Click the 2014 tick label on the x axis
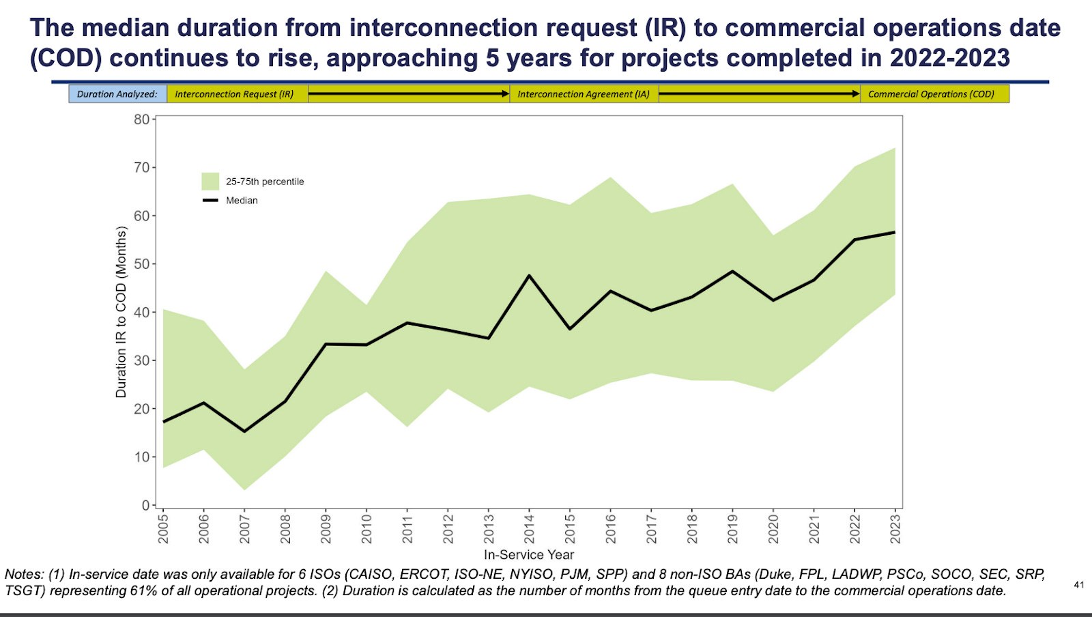coord(529,528)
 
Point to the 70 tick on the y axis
coord(141,167)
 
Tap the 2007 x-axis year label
coord(244,528)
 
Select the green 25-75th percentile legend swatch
coord(210,182)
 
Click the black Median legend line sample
coord(210,201)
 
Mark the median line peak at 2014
coord(529,276)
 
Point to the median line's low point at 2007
coord(244,431)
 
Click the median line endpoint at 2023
coord(894,233)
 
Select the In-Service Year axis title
coord(529,555)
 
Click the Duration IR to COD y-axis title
coord(121,312)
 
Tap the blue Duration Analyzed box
coord(117,94)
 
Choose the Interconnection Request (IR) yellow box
coord(235,94)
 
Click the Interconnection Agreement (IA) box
coord(584,94)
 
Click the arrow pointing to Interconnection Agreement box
coord(409,94)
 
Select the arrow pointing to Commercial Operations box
coord(759,94)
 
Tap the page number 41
coord(1078,585)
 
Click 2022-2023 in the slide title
coord(949,59)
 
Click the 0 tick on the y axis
coord(145,506)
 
